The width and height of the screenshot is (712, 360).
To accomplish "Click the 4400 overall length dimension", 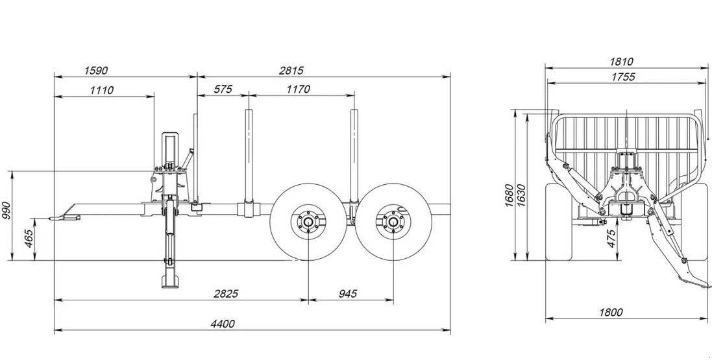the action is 223,324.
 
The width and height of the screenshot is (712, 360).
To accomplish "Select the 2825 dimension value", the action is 226,293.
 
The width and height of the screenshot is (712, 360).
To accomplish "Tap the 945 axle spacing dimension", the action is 348,293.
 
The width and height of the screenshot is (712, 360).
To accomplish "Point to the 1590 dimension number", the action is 96,70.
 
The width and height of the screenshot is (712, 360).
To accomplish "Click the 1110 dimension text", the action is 101,90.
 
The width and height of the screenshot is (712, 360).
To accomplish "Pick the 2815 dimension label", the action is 291,70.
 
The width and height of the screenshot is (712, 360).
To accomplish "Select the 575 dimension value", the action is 223,89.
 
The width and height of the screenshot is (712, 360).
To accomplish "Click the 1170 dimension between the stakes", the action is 299,89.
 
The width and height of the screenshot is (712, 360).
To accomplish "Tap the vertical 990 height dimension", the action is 6,210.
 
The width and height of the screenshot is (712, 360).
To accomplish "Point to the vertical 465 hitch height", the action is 28,238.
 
